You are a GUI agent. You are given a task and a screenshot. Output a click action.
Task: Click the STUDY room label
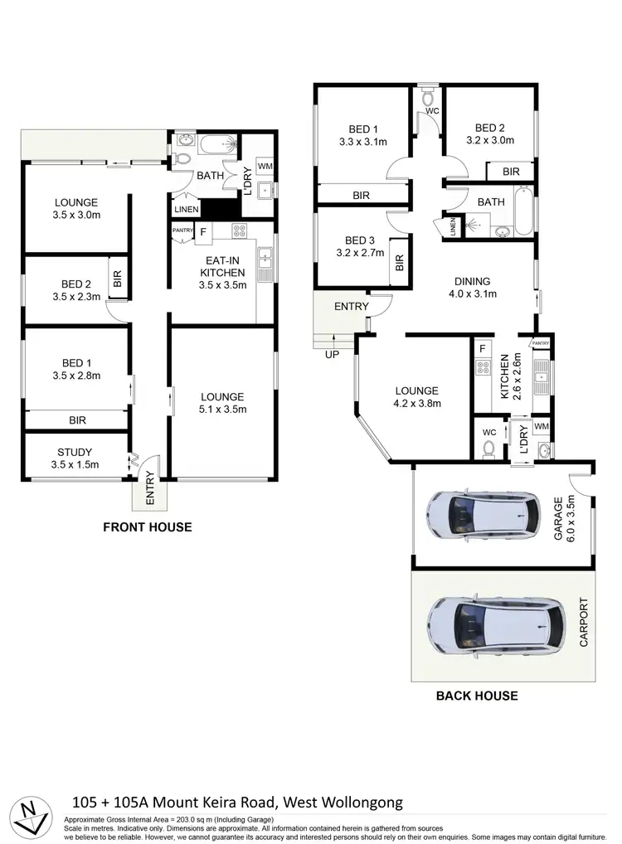[75, 458]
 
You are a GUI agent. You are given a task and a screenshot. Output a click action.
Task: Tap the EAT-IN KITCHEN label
[221, 272]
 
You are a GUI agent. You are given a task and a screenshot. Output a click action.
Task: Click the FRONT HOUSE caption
[147, 526]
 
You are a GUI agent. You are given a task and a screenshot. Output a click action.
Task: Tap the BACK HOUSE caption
[477, 696]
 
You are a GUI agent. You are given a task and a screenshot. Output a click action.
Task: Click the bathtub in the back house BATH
[524, 212]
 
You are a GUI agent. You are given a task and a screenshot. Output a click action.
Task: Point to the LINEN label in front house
[186, 209]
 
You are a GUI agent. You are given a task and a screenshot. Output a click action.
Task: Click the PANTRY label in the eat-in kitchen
[182, 230]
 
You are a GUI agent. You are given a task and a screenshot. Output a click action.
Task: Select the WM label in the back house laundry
[542, 427]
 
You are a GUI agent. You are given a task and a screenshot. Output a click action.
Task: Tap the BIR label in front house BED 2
[118, 279]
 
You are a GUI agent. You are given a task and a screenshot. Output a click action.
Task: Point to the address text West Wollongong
[344, 802]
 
